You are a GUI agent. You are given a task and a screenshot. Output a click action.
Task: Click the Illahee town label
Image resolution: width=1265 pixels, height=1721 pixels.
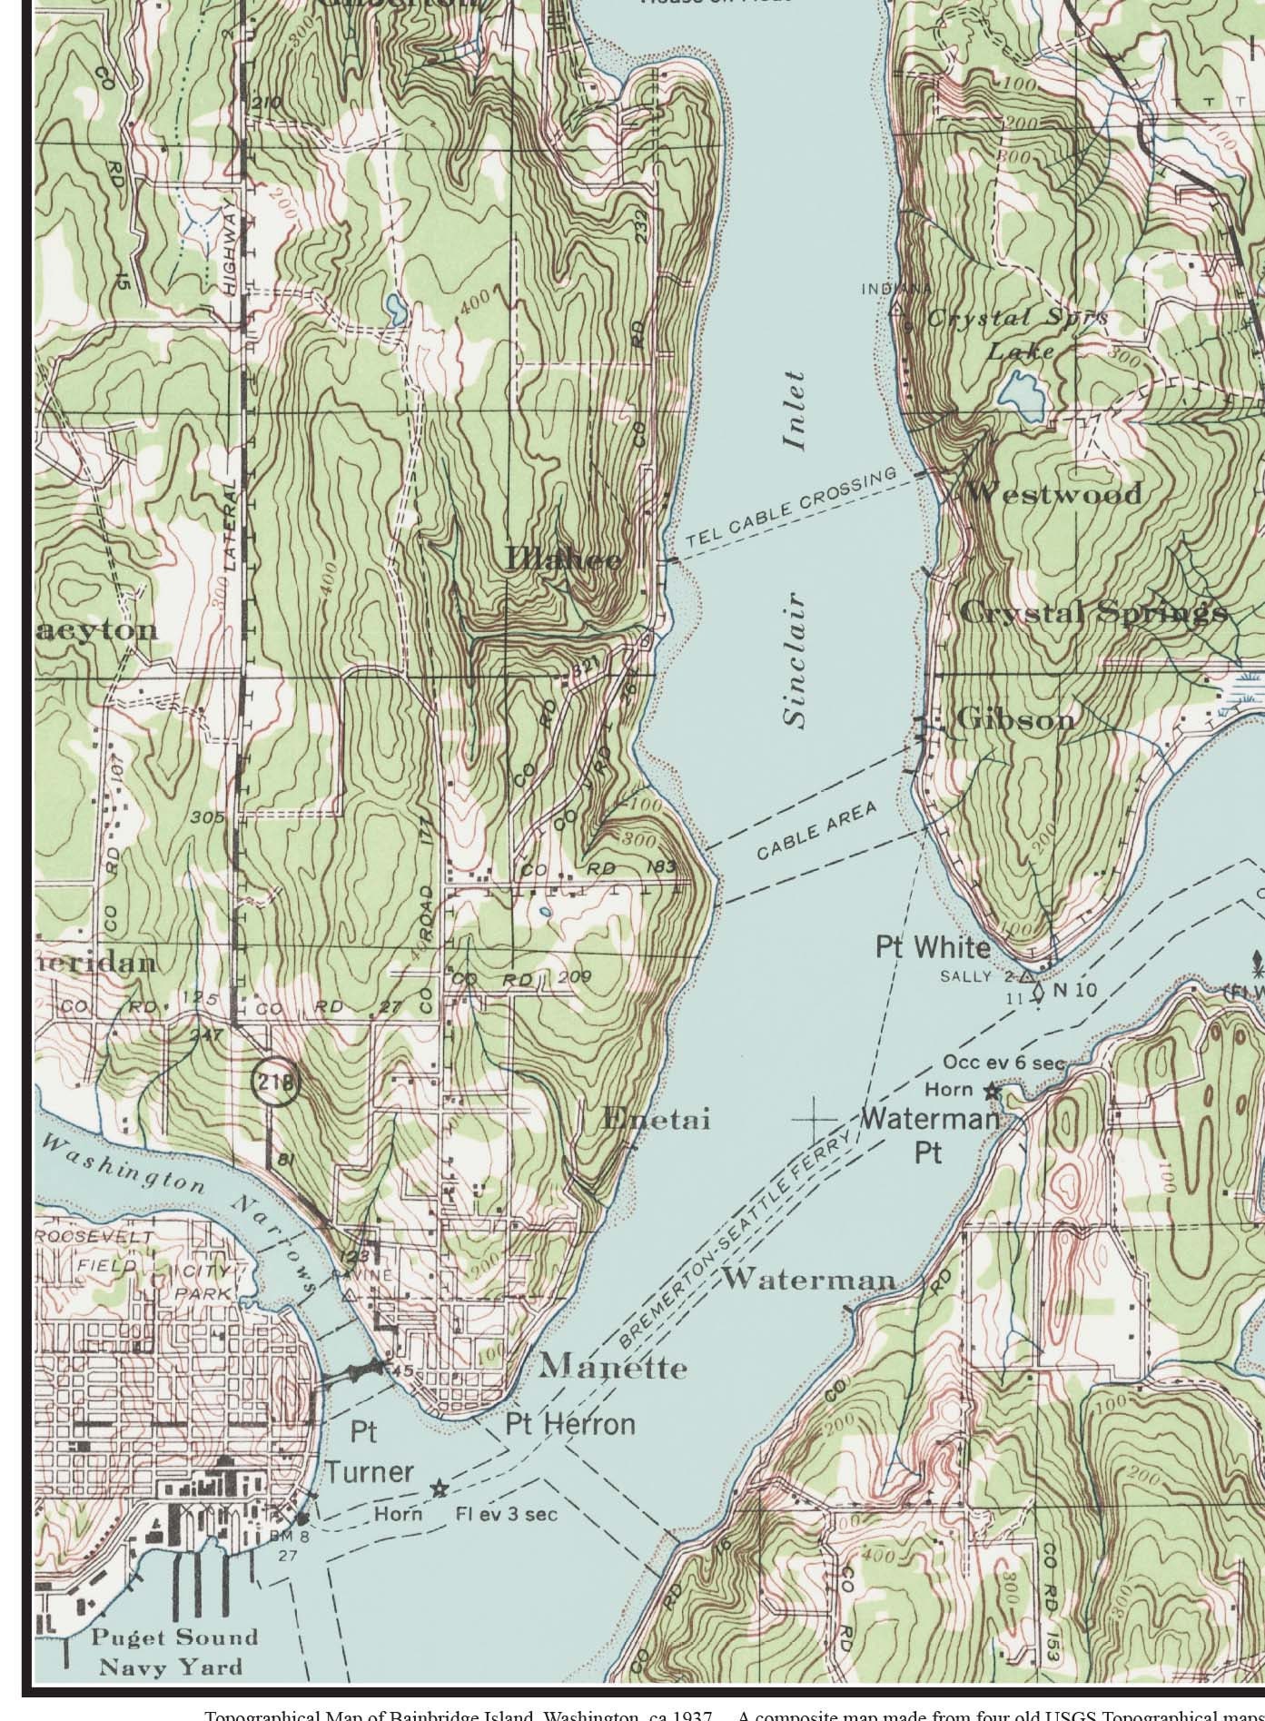pos(564,559)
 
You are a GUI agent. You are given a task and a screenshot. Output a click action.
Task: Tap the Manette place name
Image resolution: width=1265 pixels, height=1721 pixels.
pos(613,1367)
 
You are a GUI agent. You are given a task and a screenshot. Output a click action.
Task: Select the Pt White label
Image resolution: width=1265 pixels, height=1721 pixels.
pos(933,947)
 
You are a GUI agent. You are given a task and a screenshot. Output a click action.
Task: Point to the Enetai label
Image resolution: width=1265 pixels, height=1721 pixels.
pos(656,1119)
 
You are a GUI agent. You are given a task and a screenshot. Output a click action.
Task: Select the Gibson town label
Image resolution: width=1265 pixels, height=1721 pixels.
pos(1003,719)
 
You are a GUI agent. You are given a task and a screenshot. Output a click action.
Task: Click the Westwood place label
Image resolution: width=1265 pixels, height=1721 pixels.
pos(1053,494)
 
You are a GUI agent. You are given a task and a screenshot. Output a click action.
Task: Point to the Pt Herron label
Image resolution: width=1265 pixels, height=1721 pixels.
pos(570,1423)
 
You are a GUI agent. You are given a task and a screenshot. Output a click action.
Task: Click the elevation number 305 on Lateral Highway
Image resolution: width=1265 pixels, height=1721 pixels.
pos(207,816)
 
